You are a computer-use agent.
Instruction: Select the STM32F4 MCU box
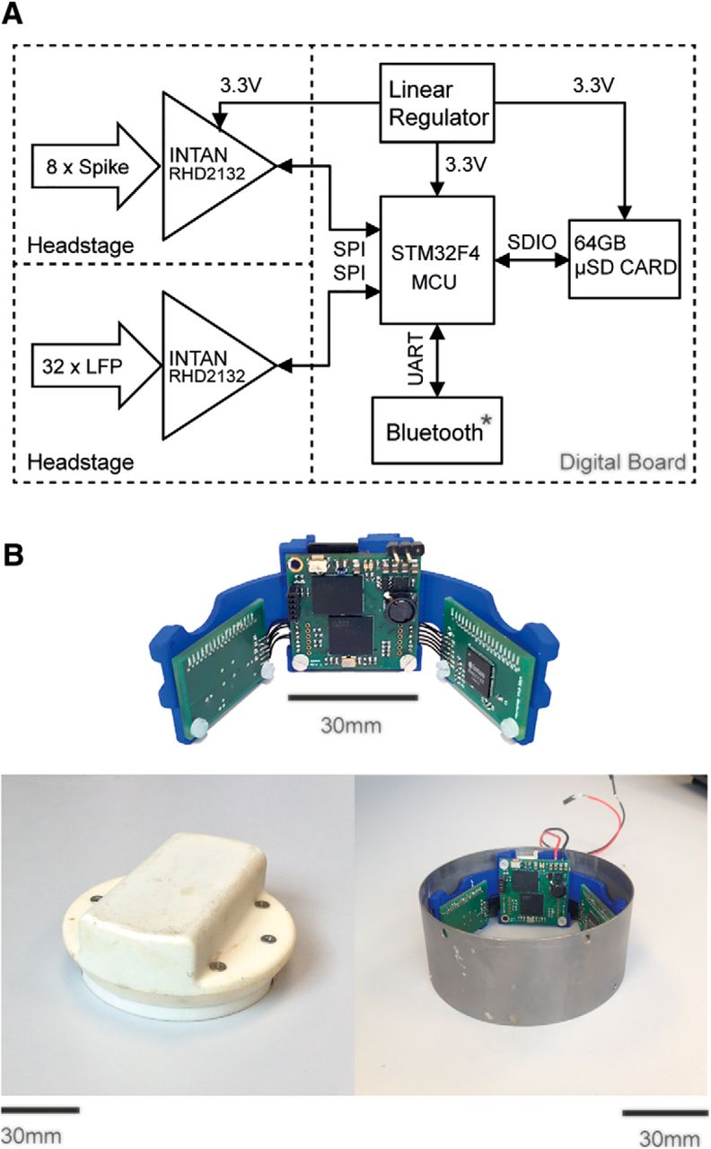pos(437,259)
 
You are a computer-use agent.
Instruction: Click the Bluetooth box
pos(438,430)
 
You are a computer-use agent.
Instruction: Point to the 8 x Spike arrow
pos(80,166)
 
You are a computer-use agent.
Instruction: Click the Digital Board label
pos(622,462)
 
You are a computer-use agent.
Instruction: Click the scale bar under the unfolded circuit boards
pos(353,697)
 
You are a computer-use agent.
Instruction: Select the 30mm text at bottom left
pos(31,1135)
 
